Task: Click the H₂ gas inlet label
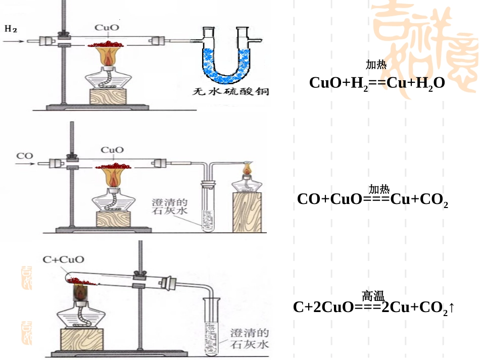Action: click(11, 29)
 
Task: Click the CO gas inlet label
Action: click(24, 156)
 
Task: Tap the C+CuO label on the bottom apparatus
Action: click(63, 260)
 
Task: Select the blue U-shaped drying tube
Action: click(226, 56)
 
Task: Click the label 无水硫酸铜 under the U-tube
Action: click(230, 91)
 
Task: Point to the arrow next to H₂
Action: click(14, 41)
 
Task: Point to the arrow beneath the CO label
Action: click(25, 164)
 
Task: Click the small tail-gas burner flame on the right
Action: click(247, 168)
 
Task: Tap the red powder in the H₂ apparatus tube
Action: click(106, 44)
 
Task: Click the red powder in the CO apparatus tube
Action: click(113, 167)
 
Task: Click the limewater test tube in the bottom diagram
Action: click(212, 327)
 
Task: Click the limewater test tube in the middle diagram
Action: click(208, 207)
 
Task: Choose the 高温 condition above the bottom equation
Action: click(373, 296)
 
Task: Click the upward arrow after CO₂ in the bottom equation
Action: click(452, 307)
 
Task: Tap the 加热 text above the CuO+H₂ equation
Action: click(376, 65)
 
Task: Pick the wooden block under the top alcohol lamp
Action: click(108, 96)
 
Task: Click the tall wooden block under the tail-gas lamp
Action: click(247, 212)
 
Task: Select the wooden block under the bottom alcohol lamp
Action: click(82, 339)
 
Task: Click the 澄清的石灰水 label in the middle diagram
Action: click(169, 207)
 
